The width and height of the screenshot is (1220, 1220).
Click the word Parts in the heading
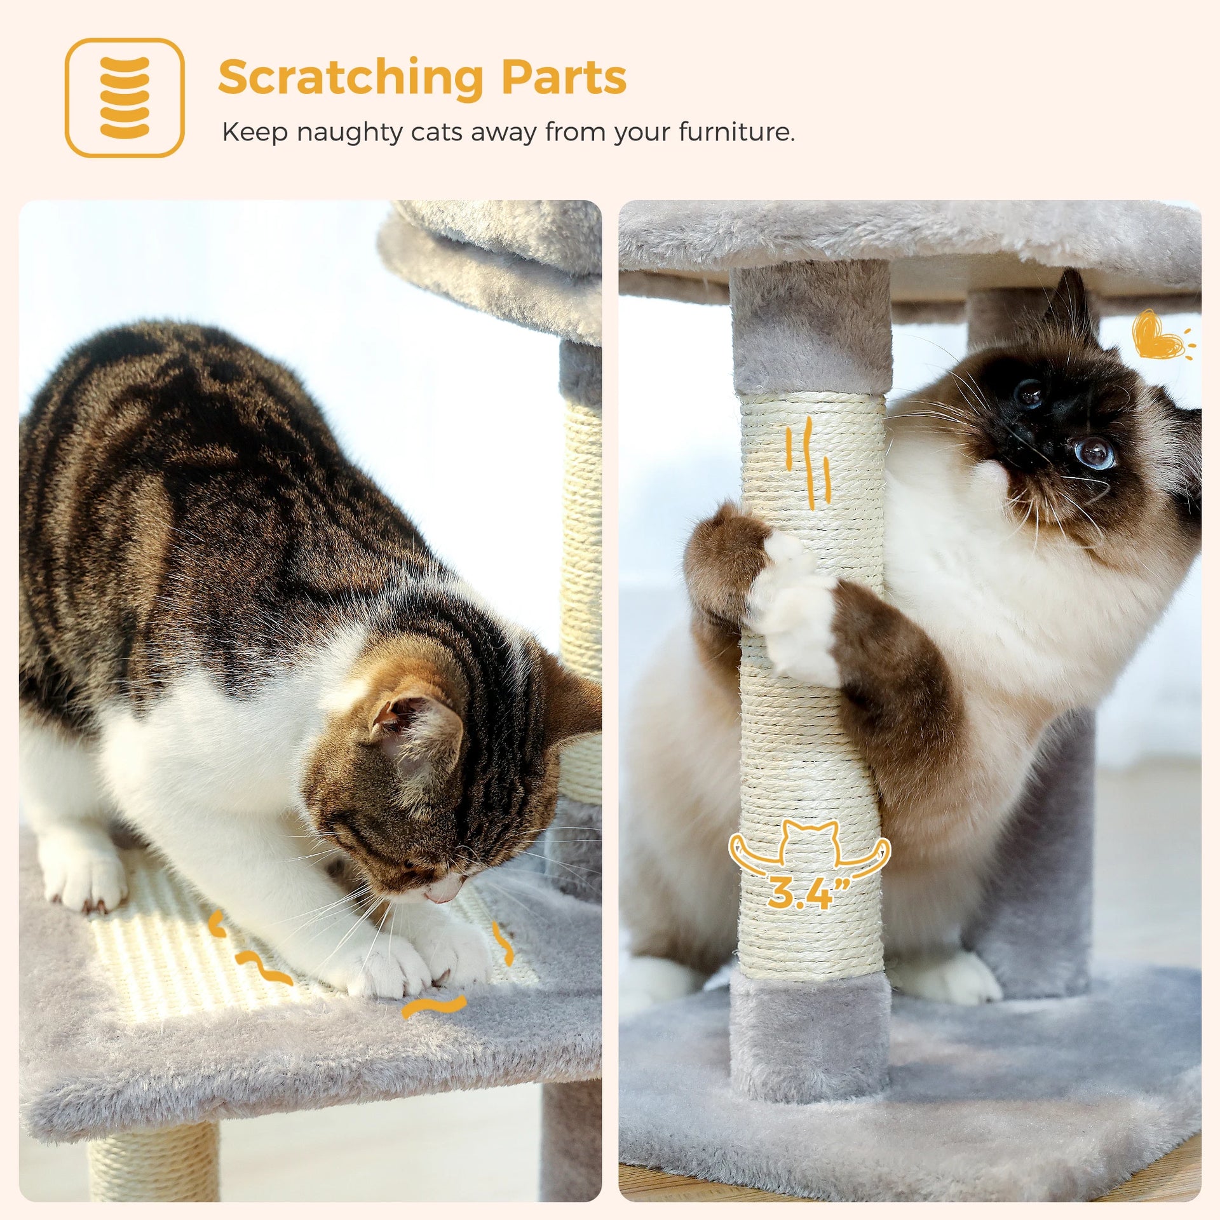coord(564,78)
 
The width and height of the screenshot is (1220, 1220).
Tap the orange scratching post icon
coord(125,97)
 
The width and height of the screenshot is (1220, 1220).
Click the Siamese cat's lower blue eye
coord(1095,452)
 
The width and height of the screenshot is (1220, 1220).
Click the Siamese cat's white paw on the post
coord(794,610)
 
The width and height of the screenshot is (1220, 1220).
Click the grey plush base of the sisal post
coord(810,1036)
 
